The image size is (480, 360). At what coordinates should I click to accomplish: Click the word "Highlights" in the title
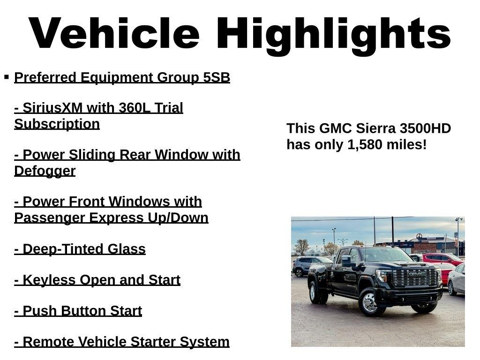click(x=333, y=35)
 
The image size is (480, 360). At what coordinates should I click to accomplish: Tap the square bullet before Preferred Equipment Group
click(x=7, y=76)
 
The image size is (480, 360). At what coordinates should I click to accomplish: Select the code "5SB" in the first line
click(x=217, y=77)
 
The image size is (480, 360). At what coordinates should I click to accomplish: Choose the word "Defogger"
click(x=45, y=171)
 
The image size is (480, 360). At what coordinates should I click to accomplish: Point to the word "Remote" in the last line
click(x=49, y=342)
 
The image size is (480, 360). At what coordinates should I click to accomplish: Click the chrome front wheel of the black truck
click(x=370, y=303)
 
